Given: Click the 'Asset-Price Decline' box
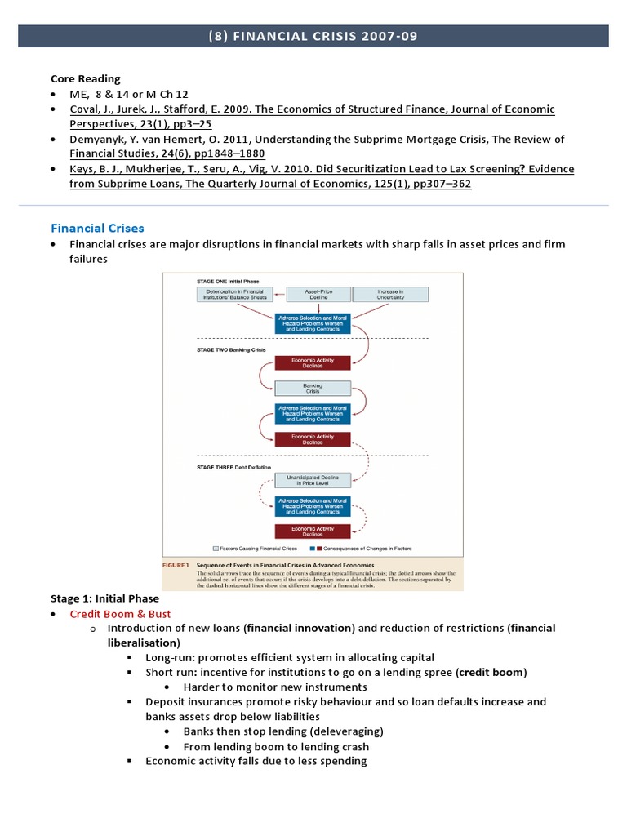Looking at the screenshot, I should pos(313,295).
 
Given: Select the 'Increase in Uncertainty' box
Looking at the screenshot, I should pos(395,295).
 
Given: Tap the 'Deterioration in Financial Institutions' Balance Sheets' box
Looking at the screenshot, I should pos(231,295).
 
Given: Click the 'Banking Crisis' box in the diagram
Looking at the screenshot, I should pos(313,389).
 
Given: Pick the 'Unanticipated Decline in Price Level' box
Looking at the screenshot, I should pos(313,480).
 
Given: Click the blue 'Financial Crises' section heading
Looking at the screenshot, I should pos(97,228).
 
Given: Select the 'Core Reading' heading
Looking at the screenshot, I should pos(85,79).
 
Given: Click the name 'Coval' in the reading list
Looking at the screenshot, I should pos(85,109).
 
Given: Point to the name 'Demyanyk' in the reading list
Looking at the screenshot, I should pos(99,140).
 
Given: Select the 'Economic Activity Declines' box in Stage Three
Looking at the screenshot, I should pos(313,531).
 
